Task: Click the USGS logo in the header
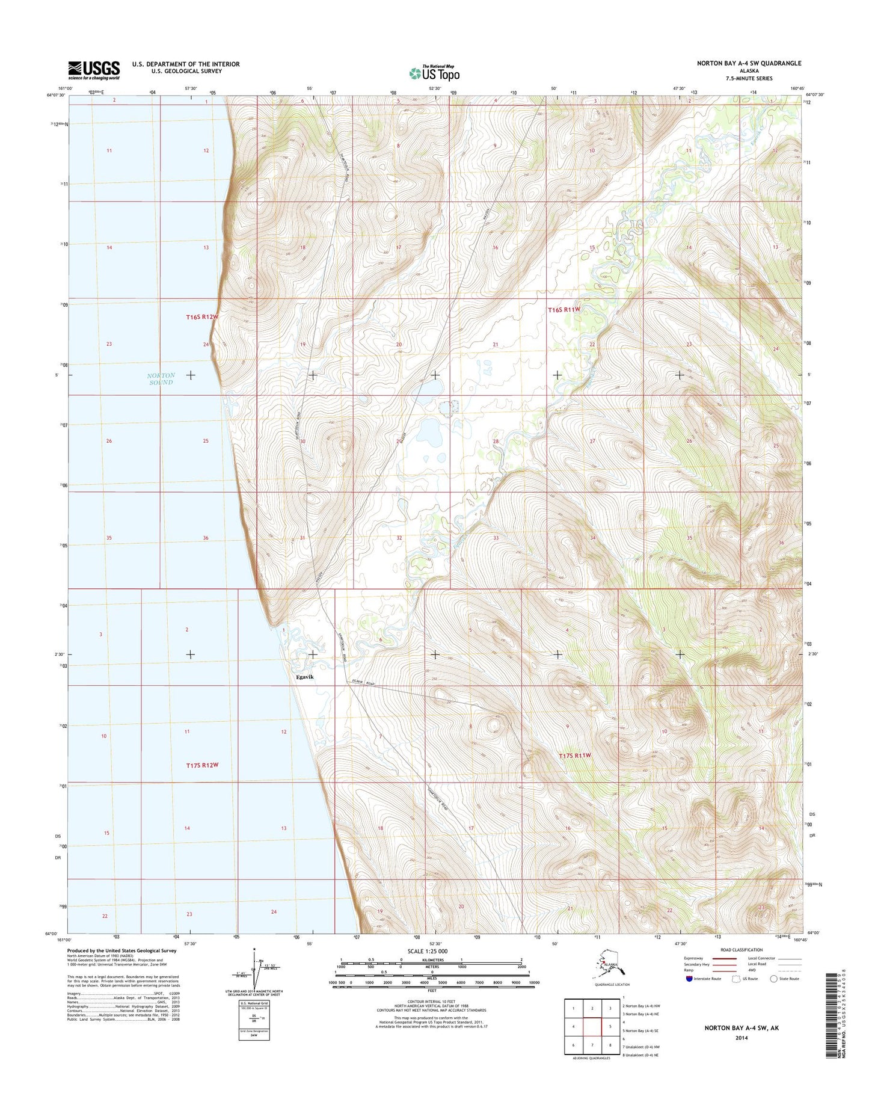(x=94, y=70)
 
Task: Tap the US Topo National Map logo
(x=434, y=73)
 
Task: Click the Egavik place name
(x=305, y=677)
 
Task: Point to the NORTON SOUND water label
(x=161, y=379)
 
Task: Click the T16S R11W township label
(x=564, y=309)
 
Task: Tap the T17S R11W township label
(x=575, y=755)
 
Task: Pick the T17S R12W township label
(x=202, y=765)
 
